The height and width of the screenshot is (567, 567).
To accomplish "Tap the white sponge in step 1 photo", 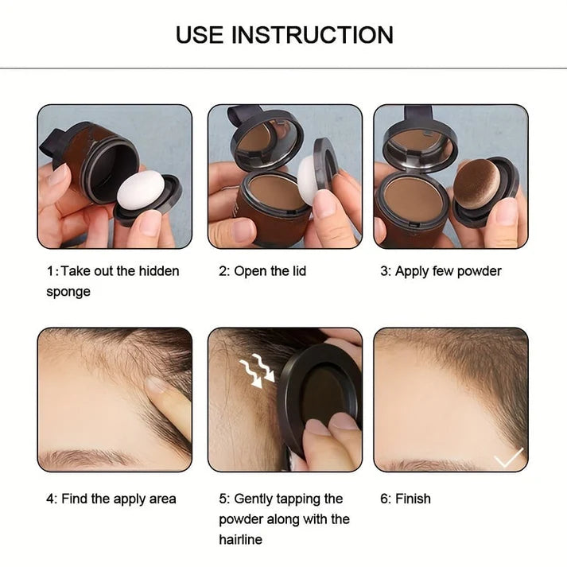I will coord(140,190).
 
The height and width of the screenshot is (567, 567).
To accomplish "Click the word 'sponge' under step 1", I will coord(68,292).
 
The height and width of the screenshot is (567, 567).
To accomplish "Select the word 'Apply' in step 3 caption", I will coord(412,271).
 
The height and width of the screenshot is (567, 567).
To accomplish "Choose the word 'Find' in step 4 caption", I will coord(76,499).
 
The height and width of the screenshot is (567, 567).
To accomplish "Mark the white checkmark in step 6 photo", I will coord(508,457).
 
